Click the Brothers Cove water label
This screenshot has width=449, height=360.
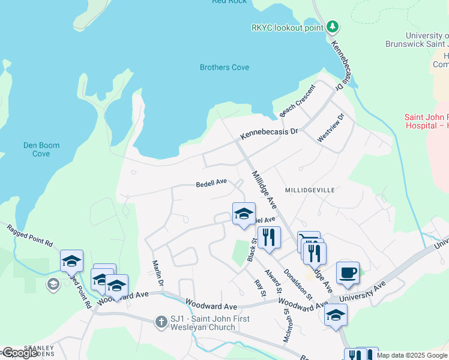click(224, 67)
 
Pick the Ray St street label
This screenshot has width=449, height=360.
click(259, 287)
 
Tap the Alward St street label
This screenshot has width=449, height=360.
click(277, 280)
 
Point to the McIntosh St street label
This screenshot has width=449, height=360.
click(287, 325)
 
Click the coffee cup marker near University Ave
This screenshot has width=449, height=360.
click(348, 273)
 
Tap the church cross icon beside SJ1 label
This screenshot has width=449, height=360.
click(161, 322)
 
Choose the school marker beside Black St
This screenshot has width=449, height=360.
click(244, 214)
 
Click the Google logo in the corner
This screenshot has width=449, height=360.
click(19, 353)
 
